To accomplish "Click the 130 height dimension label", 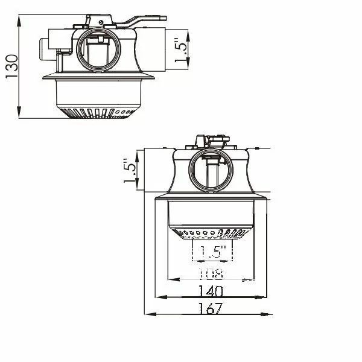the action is click(x=11, y=66).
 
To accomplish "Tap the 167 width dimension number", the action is click(x=211, y=308).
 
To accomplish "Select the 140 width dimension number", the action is click(x=211, y=291).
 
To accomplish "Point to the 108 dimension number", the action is click(x=211, y=274).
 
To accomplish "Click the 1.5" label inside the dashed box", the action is click(x=212, y=252).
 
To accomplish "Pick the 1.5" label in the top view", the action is click(x=180, y=52).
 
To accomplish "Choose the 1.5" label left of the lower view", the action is click(x=129, y=171).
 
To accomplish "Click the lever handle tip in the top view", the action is click(x=165, y=18).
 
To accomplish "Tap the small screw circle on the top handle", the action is click(x=101, y=22).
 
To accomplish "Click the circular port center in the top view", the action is click(x=98, y=50).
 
